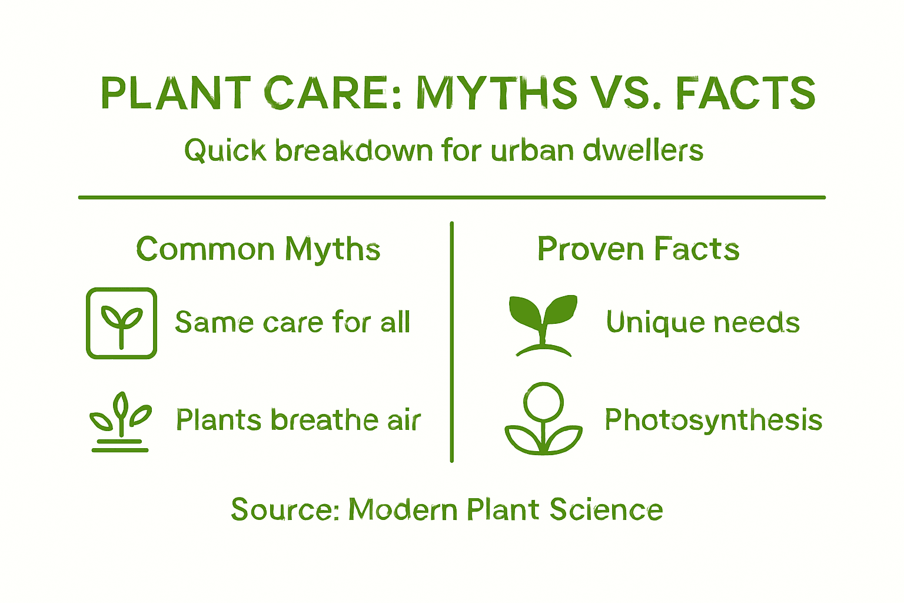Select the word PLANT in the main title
[x=176, y=93]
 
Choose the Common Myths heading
[x=258, y=249]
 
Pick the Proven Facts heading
[x=638, y=249]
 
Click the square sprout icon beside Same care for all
[x=121, y=323]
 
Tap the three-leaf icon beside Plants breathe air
[x=121, y=421]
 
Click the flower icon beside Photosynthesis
[x=543, y=419]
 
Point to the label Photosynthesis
[x=713, y=420]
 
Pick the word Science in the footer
[x=606, y=510]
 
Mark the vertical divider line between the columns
[x=451, y=342]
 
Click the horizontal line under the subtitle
[x=451, y=197]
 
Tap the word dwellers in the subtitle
[x=643, y=150]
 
